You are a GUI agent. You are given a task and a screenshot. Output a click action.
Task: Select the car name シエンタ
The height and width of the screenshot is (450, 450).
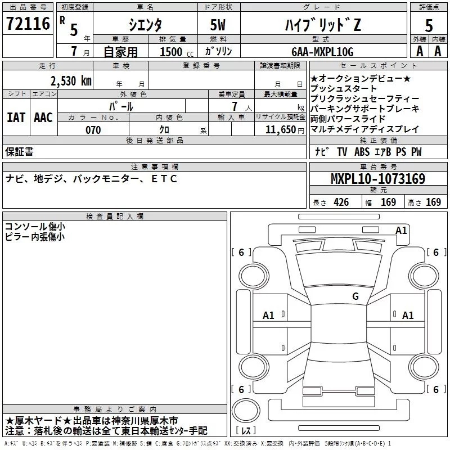[x=145, y=25]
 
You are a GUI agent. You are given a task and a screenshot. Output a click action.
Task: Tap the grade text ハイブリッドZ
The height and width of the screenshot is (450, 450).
[x=321, y=25]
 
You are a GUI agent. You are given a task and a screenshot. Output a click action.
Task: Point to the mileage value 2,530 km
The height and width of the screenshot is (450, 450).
[x=70, y=80]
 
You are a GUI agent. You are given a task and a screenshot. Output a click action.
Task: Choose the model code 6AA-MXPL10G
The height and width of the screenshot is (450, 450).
[x=322, y=51]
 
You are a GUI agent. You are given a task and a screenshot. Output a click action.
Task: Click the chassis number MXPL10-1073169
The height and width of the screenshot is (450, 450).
[x=377, y=179]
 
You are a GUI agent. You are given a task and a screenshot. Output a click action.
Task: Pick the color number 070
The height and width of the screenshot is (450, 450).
[x=93, y=130]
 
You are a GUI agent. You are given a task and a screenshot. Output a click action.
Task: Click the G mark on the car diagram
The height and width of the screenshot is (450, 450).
[x=355, y=296]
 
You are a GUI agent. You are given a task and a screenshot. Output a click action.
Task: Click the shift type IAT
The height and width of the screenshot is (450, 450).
[x=16, y=117]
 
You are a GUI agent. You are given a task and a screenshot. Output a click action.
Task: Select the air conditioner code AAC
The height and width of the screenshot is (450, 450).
[x=43, y=117]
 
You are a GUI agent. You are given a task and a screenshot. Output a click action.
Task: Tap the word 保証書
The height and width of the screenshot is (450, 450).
[x=19, y=151]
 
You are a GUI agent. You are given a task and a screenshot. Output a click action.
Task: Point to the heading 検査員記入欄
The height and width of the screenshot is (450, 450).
[x=115, y=216]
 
